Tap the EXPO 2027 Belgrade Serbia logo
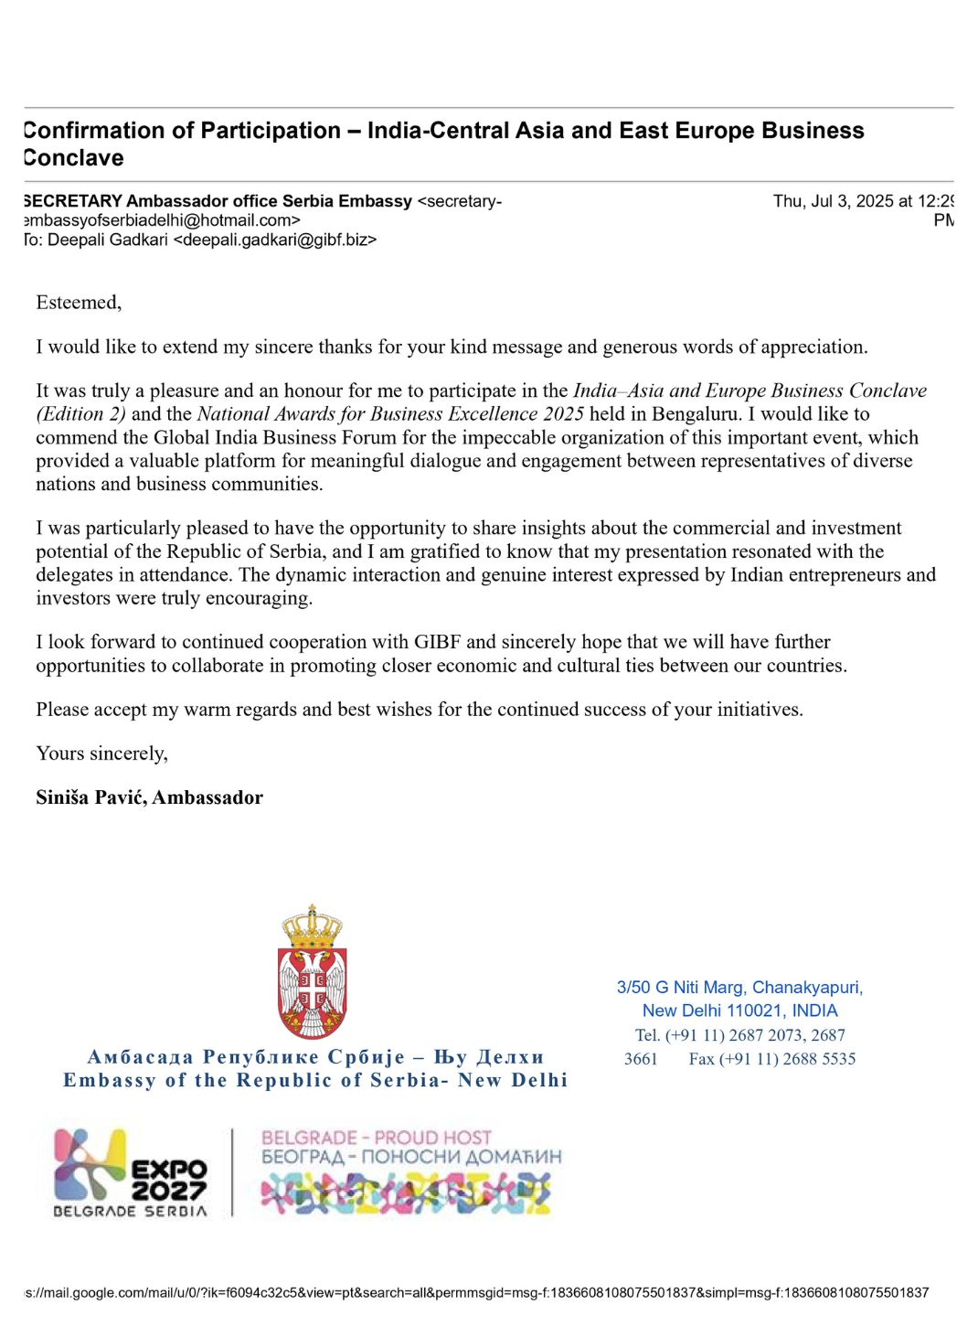point(131,1173)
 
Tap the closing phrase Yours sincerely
point(101,754)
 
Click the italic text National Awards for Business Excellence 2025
point(390,414)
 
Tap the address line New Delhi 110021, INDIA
point(739,1011)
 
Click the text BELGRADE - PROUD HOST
point(377,1138)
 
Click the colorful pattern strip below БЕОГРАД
point(407,1193)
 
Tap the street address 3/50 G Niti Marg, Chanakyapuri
point(739,988)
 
